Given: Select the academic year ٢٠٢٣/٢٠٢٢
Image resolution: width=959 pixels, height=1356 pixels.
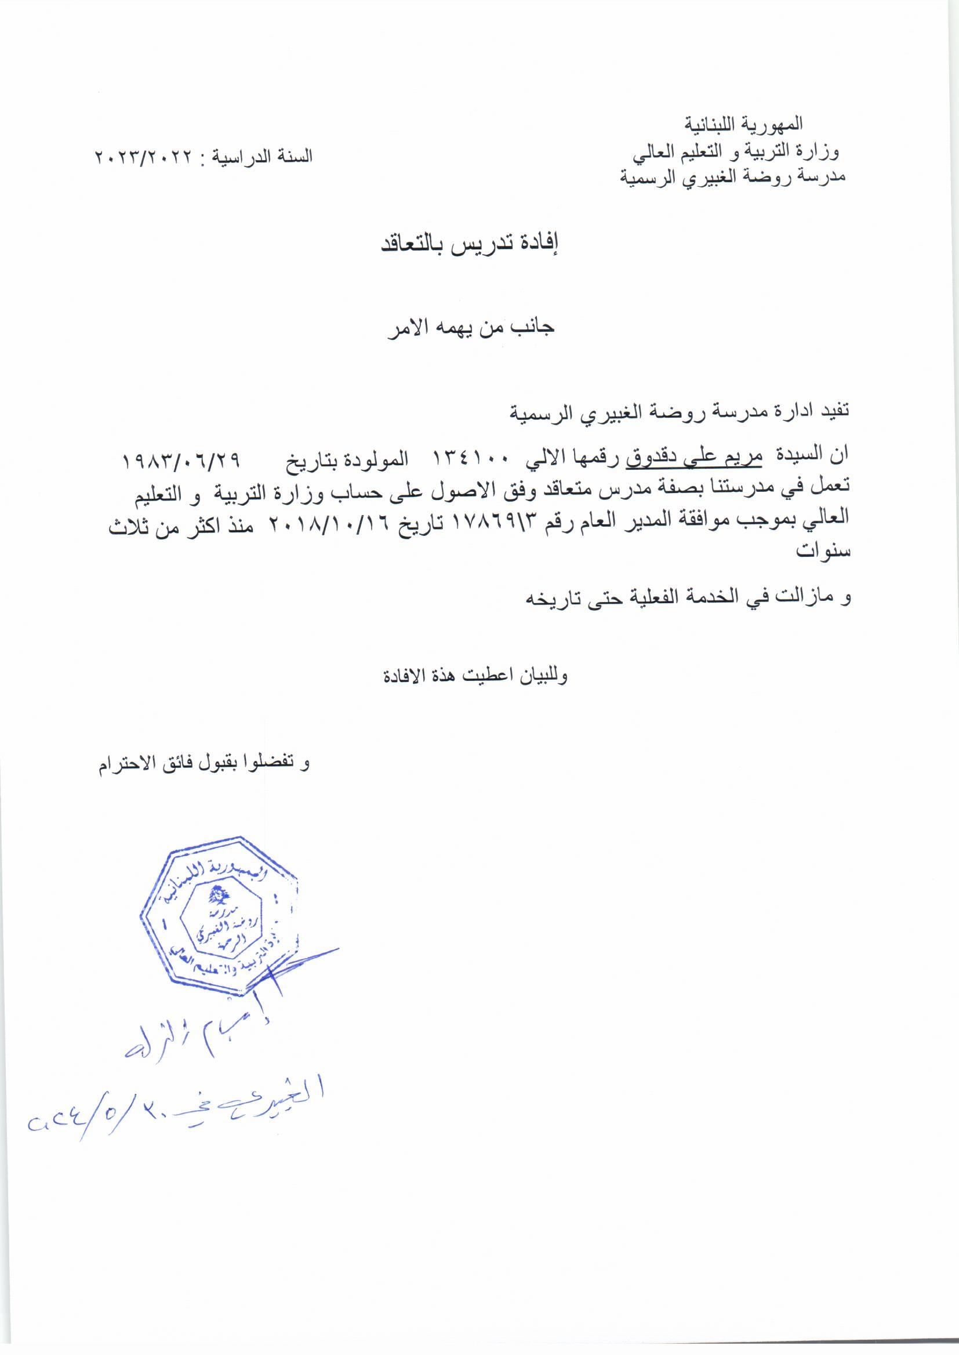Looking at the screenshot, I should click(x=144, y=157).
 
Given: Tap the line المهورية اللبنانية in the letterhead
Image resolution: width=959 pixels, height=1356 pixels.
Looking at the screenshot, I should click(x=744, y=125).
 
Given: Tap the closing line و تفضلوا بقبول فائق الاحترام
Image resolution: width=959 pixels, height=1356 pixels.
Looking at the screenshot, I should click(x=203, y=764).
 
